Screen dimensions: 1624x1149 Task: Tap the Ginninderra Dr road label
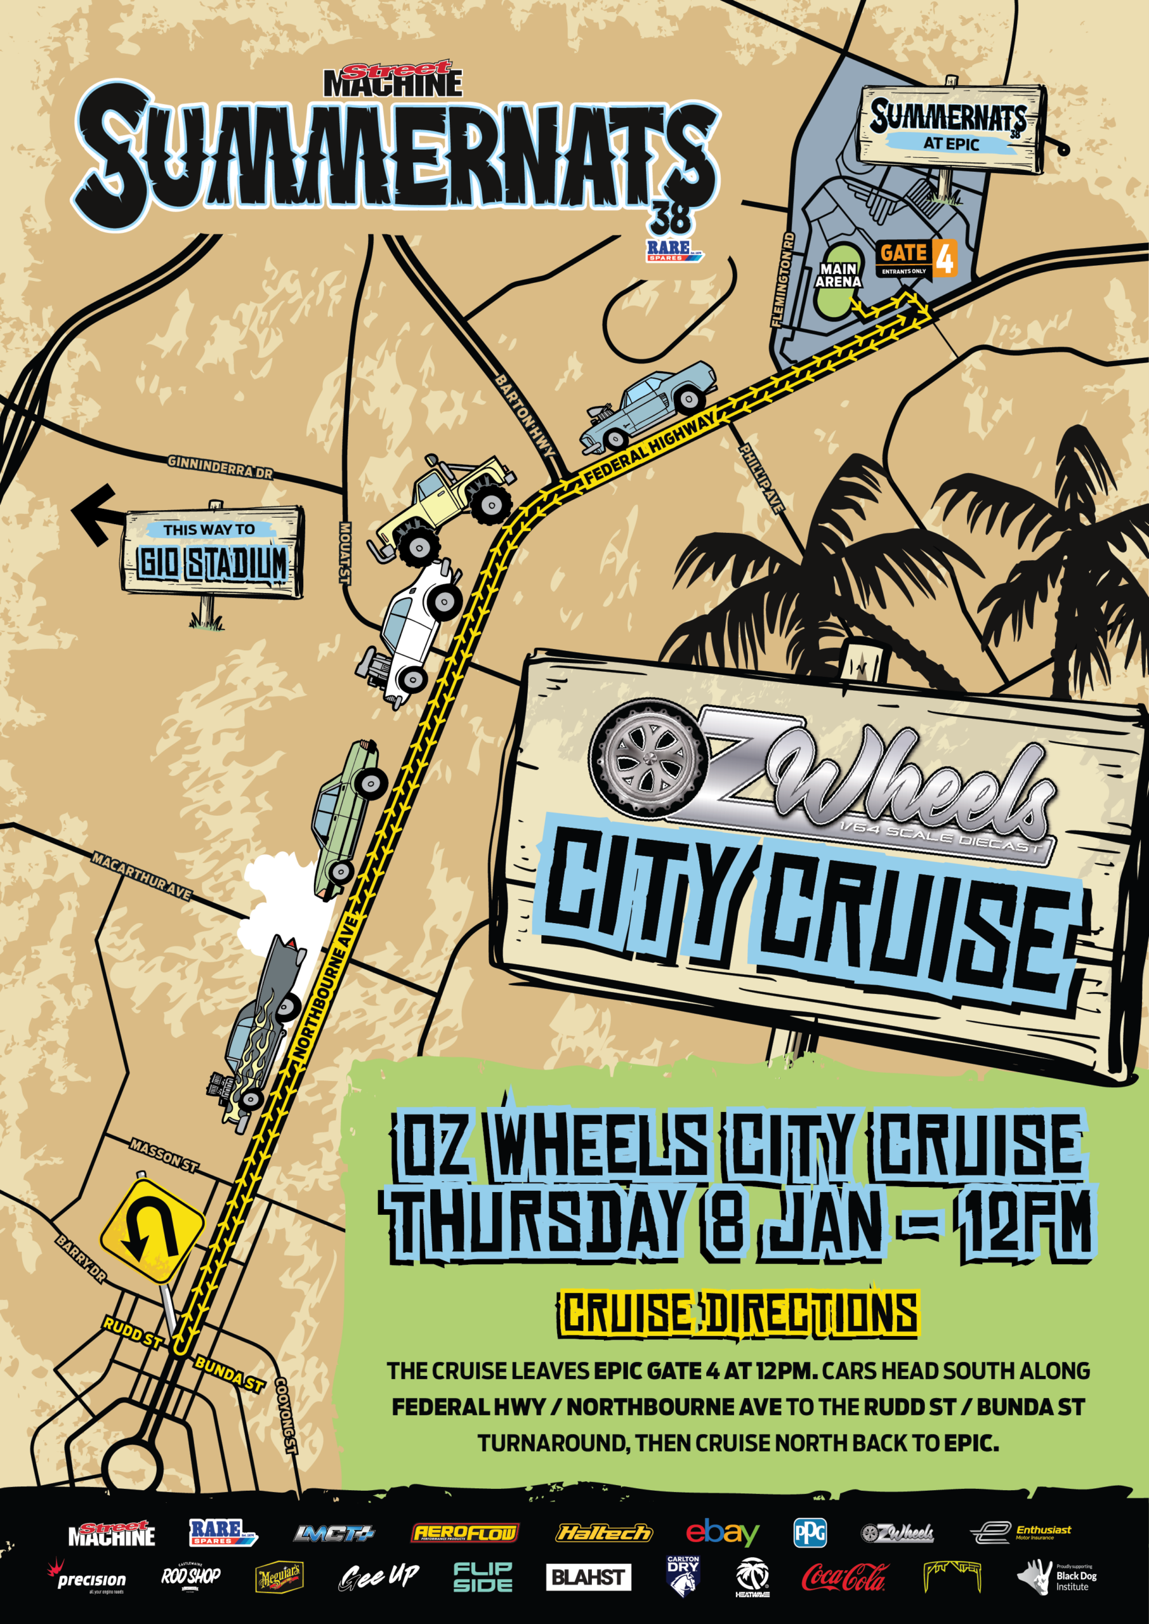pos(220,467)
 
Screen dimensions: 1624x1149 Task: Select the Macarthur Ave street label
pos(141,875)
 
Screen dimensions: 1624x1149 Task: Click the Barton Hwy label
pos(524,417)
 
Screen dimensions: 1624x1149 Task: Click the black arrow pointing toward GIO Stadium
pos(96,514)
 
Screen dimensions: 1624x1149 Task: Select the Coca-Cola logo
pos(841,1576)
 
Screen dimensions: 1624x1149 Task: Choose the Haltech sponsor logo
pos(604,1533)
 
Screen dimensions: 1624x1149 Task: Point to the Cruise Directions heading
pos(739,1314)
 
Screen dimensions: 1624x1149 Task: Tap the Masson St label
pos(164,1155)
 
